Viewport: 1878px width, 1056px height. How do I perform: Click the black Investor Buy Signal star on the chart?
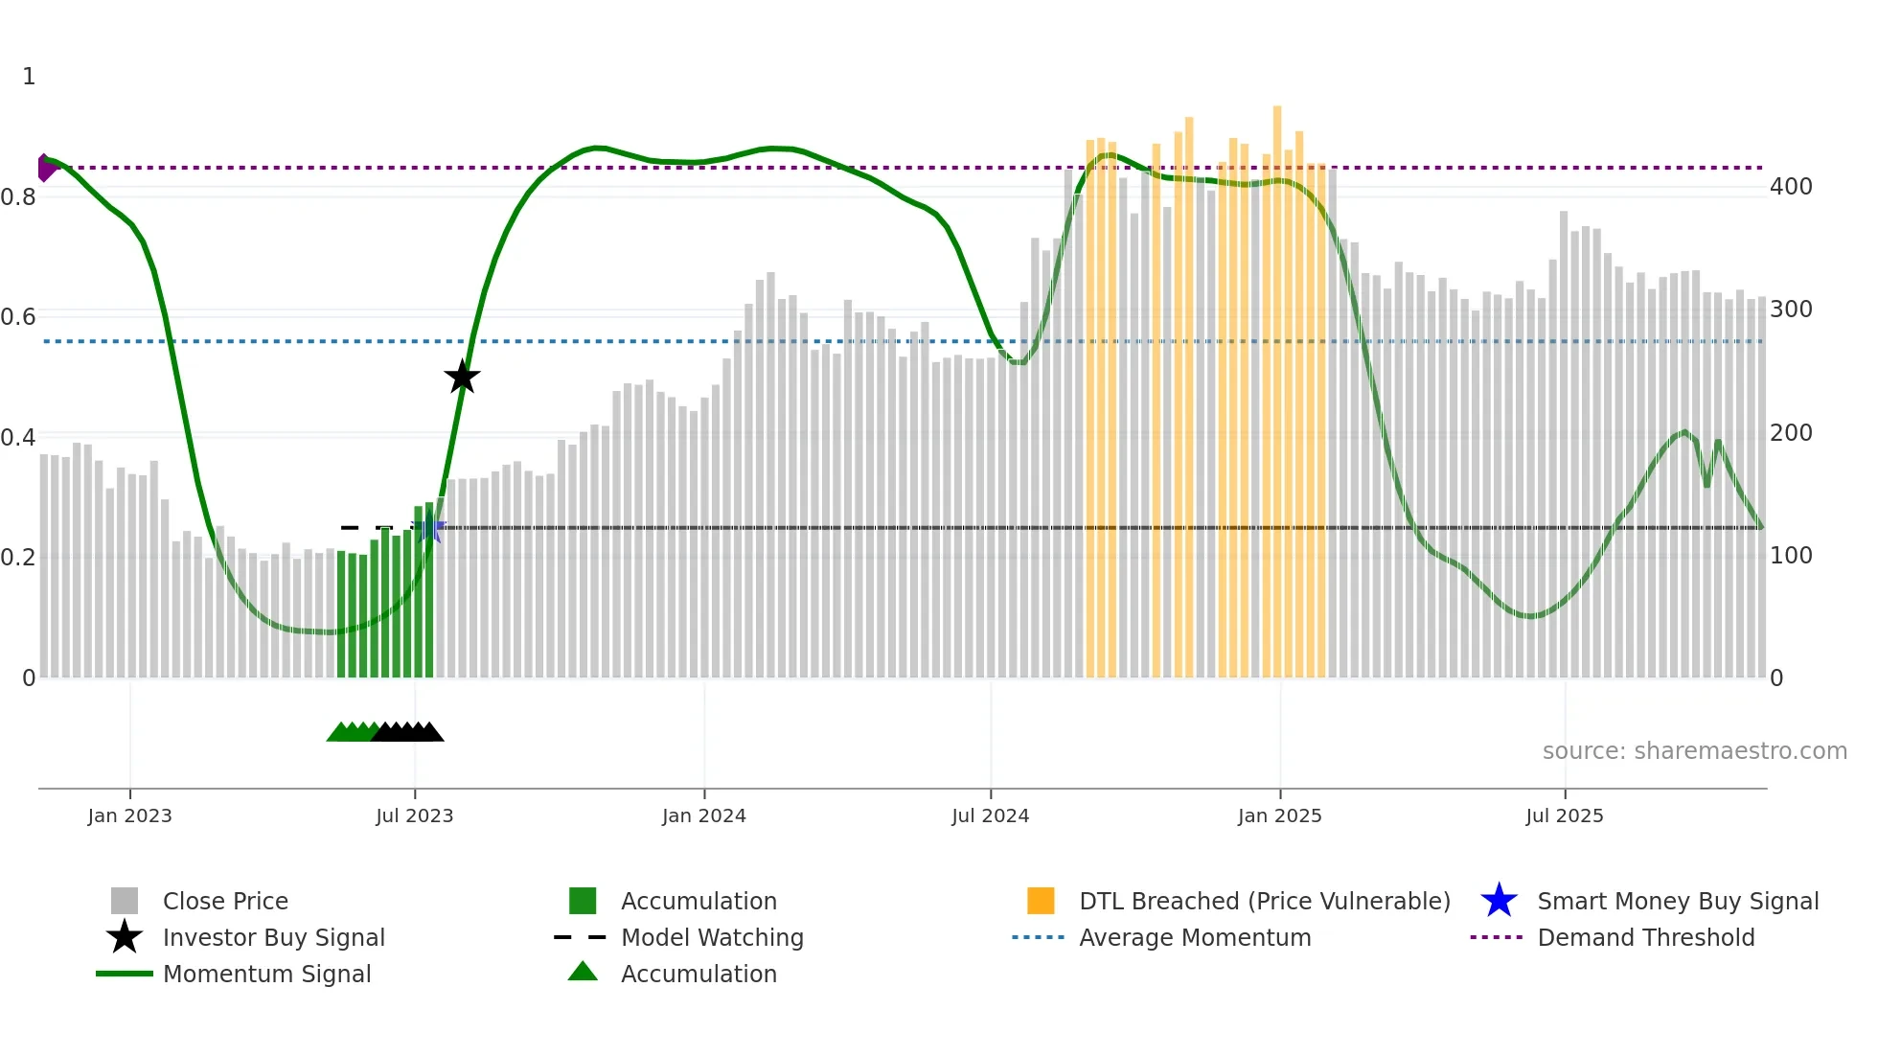tap(462, 377)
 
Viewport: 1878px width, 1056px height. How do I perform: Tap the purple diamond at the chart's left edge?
tap(45, 168)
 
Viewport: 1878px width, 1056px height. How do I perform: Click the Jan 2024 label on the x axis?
tap(703, 815)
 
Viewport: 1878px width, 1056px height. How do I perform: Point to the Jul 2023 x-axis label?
tap(414, 815)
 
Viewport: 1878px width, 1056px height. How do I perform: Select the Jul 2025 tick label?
tap(1564, 815)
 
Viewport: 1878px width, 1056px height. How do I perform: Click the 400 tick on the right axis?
tap(1791, 187)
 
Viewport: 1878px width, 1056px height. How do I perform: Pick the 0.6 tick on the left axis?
tap(18, 317)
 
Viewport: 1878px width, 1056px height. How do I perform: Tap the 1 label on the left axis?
tap(29, 77)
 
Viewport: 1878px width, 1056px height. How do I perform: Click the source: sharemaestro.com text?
tap(1694, 751)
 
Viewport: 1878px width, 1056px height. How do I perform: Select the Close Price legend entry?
tap(225, 901)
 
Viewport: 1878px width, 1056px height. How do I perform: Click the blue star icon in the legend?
tap(1499, 901)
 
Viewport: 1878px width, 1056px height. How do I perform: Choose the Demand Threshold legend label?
tap(1645, 937)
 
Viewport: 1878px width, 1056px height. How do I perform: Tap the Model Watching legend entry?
tap(712, 937)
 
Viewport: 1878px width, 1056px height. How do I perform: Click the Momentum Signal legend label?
tap(266, 974)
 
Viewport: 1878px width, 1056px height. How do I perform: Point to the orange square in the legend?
tap(1041, 901)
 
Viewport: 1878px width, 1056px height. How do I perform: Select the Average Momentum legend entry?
tap(1195, 937)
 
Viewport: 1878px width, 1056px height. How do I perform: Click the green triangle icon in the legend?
tap(583, 972)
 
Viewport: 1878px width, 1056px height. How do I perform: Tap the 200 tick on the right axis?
tap(1791, 433)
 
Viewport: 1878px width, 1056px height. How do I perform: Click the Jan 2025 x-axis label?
tap(1279, 815)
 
